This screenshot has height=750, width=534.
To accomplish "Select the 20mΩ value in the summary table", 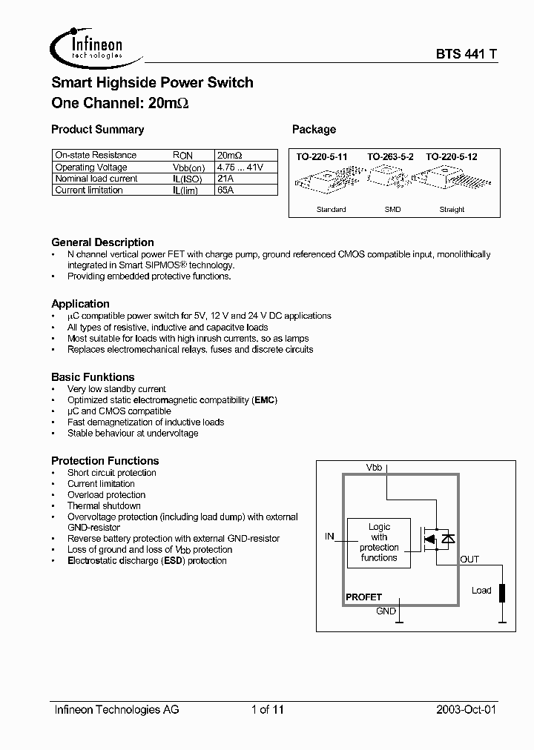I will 229,155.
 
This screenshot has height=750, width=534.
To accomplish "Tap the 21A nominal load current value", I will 225,179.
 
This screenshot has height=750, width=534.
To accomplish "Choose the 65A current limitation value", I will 225,190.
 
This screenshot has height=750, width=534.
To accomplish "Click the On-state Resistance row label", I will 96,155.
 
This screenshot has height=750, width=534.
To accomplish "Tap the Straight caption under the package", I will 452,210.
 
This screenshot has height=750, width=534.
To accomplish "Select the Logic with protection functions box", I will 379,542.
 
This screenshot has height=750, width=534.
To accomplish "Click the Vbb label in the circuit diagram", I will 375,468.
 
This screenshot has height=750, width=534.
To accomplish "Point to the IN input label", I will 329,536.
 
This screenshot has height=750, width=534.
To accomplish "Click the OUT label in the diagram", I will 469,560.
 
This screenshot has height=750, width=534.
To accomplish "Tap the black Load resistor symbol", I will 502,593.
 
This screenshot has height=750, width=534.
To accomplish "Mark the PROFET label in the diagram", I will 364,597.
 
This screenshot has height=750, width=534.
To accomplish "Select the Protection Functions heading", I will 105,460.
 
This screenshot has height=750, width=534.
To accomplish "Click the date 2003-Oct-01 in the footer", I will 465,709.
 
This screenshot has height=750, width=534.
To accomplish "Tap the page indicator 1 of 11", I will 267,709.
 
